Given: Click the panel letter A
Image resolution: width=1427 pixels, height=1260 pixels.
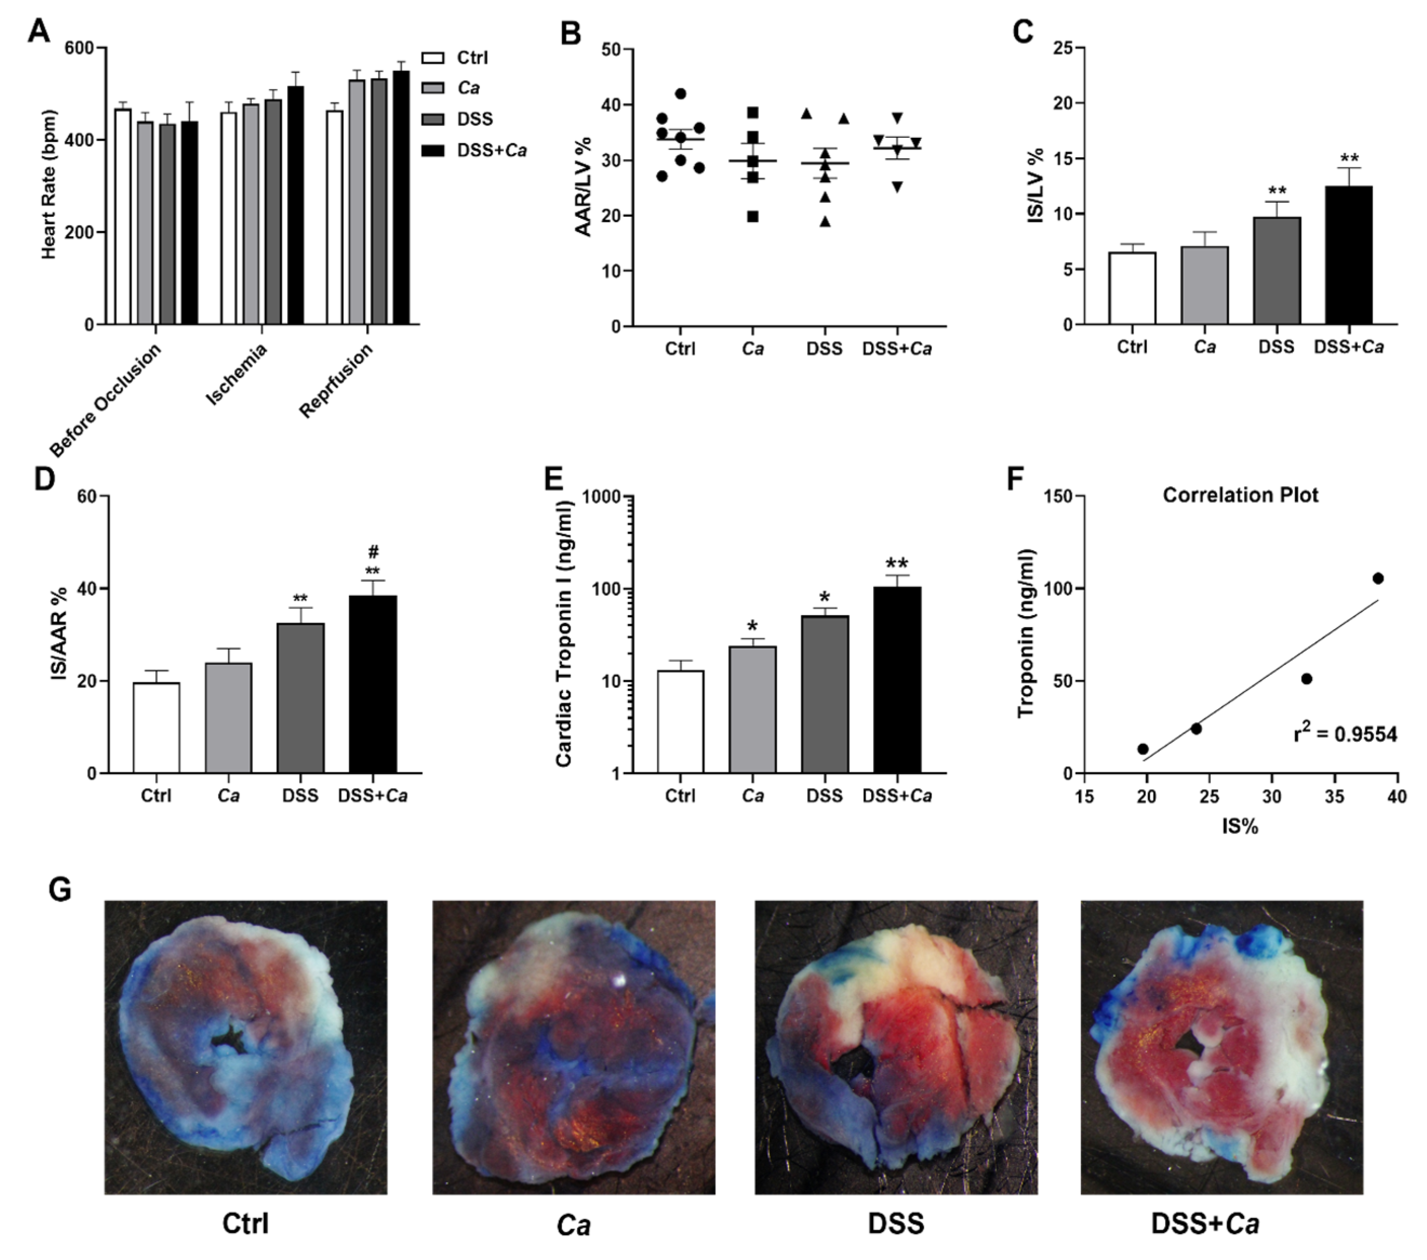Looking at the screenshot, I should pos(38,31).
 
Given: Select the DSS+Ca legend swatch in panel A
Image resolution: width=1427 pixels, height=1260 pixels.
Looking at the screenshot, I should pos(433,150).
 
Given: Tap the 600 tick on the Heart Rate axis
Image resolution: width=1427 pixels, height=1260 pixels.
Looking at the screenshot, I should pos(78,48).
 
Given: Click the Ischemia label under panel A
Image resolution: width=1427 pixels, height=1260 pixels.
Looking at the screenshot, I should pos(237,375).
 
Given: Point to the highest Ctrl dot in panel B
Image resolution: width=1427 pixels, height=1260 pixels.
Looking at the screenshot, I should pos(681,94).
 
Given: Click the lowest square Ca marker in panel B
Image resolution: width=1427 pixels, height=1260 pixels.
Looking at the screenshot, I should pos(752,216).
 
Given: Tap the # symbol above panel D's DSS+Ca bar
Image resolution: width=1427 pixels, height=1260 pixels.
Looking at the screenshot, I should pos(373,553).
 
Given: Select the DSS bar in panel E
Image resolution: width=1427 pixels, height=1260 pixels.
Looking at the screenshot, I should pos(824,694).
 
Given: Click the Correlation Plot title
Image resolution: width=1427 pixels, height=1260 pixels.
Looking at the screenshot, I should pos(1240,496).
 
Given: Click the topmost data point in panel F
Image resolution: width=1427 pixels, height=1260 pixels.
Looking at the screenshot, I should pos(1377,578).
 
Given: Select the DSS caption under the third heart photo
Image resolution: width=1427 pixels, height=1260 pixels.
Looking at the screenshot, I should pos(896,1223).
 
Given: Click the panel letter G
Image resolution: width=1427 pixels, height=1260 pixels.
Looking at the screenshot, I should pos(60,890).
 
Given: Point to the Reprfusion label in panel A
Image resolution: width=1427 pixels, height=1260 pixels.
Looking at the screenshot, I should pos(337,381).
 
